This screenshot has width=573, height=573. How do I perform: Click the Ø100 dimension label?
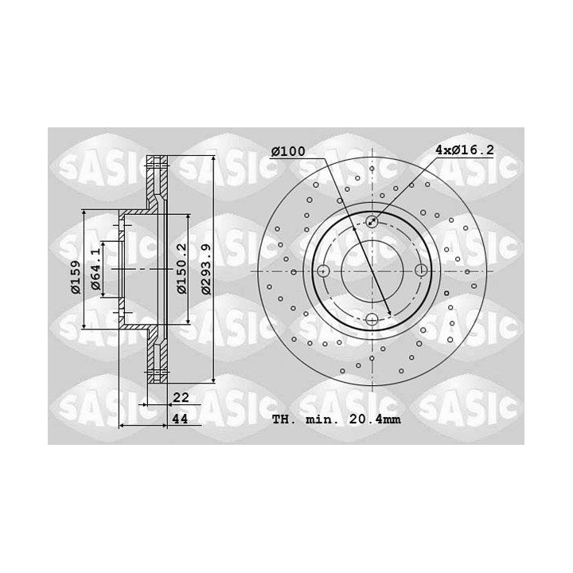(288, 151)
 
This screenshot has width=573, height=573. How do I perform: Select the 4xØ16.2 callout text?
(465, 150)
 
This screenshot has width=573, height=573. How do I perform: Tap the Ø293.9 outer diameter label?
(207, 270)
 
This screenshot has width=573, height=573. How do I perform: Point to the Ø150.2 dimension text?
(181, 269)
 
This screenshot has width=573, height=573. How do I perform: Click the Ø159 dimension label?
(76, 277)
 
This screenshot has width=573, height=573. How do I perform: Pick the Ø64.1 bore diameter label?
(95, 269)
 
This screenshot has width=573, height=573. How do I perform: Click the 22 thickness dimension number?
(181, 397)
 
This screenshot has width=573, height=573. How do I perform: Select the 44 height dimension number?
(180, 419)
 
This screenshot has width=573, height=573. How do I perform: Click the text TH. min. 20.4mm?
(336, 419)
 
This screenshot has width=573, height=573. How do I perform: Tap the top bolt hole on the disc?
(372, 221)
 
